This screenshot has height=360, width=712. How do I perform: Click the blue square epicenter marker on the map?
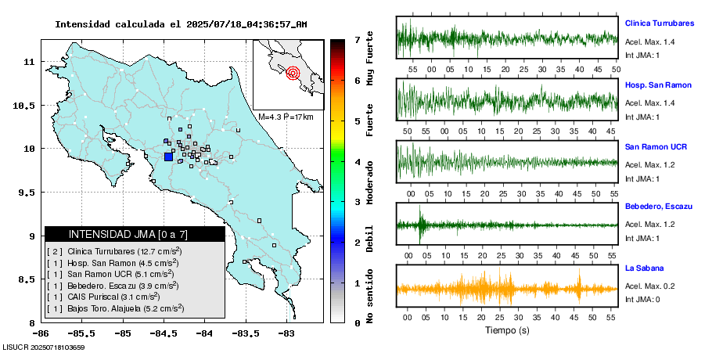[x=168, y=157]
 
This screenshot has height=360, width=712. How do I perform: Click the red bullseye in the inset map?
[x=293, y=74]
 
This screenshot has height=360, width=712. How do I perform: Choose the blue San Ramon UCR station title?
[x=656, y=146]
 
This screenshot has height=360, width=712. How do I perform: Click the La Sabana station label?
[x=644, y=268]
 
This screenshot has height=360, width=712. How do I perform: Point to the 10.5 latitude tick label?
[x=29, y=105]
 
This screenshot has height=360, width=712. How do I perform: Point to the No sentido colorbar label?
[x=369, y=297]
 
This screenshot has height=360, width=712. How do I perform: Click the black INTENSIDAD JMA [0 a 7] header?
[x=135, y=234]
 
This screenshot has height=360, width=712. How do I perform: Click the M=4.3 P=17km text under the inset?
[x=286, y=117]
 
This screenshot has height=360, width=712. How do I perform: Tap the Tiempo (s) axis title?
[x=507, y=330]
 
